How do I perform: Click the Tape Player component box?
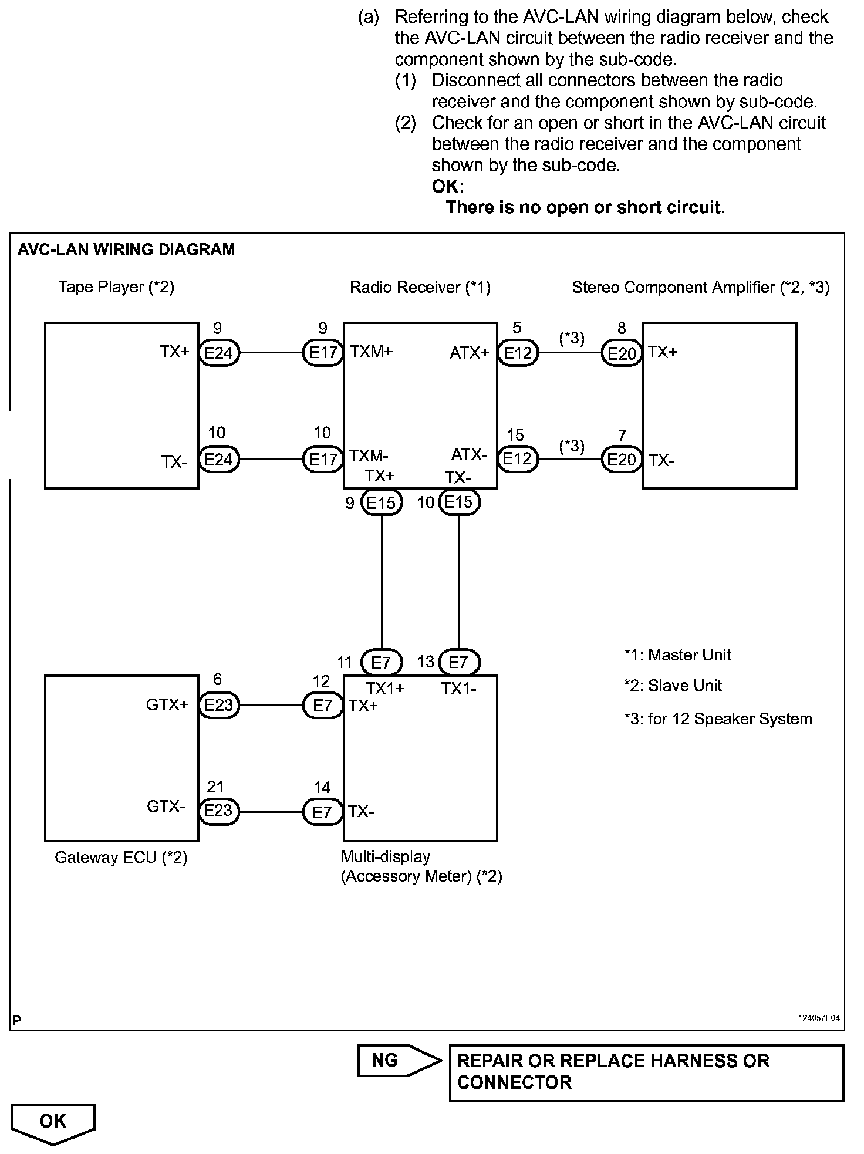coord(122,405)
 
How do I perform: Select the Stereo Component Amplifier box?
coord(719,405)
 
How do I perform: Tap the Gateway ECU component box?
coord(122,758)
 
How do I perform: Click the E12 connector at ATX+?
coord(518,353)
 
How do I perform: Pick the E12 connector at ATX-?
coord(518,458)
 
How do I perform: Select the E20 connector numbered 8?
coord(622,354)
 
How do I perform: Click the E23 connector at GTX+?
coord(219,705)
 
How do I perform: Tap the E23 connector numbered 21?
coord(219,811)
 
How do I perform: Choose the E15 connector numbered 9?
coord(382,502)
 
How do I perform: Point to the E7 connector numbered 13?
coord(458,663)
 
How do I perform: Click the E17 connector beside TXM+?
coord(322,353)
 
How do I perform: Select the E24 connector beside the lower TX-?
coord(219,459)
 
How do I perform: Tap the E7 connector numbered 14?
coord(322,812)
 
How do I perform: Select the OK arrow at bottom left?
coord(53,1122)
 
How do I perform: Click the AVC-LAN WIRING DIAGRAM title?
coord(126,250)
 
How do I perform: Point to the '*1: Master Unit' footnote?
coord(677,655)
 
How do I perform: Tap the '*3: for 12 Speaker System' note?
coord(718,719)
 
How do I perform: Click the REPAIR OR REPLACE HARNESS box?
coord(646,1072)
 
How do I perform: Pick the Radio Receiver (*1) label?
coord(420,287)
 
